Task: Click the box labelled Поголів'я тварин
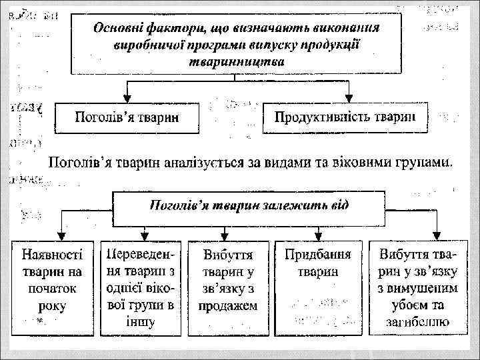coord(126,118)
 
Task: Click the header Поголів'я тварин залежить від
coord(248,204)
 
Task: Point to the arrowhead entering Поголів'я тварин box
coord(126,98)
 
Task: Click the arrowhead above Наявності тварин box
coord(61,235)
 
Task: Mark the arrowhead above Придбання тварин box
coord(319,235)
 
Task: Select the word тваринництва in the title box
coord(237,61)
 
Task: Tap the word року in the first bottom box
coord(53,306)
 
